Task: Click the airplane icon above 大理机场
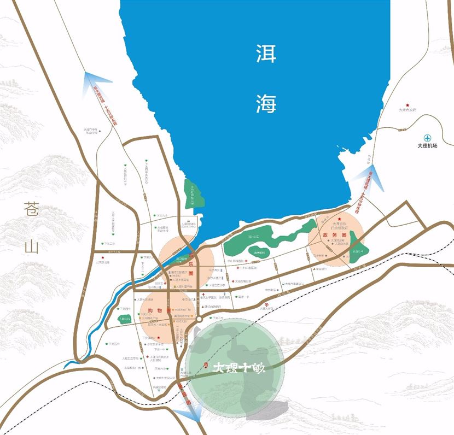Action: pos(428,138)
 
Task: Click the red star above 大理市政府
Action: pos(406,104)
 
